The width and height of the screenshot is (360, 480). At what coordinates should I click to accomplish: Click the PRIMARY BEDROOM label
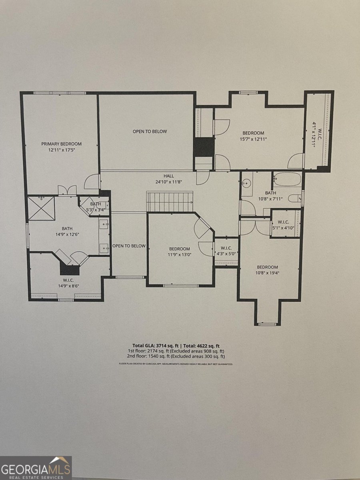click(62, 144)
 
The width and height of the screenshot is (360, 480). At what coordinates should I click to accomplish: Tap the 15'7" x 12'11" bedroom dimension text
click(253, 139)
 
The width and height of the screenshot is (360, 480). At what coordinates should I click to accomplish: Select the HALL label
click(168, 176)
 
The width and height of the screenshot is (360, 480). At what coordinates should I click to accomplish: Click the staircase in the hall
click(170, 201)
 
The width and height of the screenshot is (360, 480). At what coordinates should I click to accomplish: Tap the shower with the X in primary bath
click(41, 208)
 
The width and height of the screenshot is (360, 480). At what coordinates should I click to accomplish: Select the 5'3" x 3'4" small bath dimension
click(95, 209)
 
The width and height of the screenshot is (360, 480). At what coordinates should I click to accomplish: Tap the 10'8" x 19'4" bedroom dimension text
click(267, 273)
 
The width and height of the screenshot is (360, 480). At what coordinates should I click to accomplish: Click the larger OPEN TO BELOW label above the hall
click(150, 131)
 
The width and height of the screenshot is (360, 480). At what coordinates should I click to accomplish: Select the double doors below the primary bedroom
click(67, 190)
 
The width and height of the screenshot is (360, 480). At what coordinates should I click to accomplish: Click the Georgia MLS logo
click(36, 468)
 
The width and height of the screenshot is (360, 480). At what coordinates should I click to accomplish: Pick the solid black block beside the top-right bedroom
click(204, 147)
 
